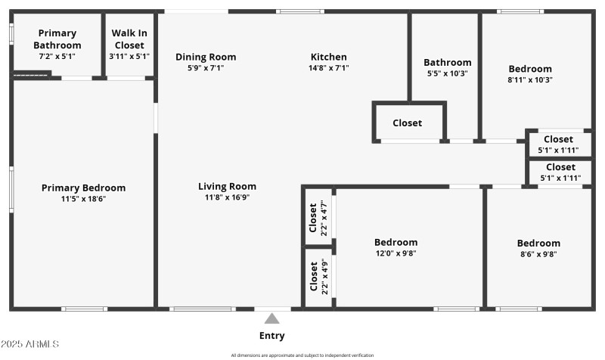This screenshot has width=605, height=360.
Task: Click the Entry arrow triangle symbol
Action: (x=271, y=318)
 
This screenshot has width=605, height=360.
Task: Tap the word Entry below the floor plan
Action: (x=271, y=336)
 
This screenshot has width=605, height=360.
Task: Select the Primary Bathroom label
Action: (x=57, y=39)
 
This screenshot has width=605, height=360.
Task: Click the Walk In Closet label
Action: (x=129, y=39)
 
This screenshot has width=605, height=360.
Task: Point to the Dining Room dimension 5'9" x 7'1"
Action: (x=206, y=68)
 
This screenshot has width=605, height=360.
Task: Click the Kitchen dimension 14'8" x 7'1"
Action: (x=329, y=68)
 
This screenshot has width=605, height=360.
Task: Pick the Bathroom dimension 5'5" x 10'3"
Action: (x=447, y=74)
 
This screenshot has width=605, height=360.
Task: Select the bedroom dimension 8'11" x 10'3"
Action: (x=530, y=80)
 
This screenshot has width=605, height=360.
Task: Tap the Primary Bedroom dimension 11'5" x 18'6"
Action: (x=83, y=200)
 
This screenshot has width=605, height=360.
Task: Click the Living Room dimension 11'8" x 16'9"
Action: (x=227, y=197)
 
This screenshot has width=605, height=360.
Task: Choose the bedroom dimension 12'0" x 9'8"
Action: (x=396, y=254)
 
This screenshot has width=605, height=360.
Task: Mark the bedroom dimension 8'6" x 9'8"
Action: (x=538, y=255)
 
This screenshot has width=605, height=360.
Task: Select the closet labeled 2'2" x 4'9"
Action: (x=318, y=278)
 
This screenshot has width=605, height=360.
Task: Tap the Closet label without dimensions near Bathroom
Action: (x=407, y=123)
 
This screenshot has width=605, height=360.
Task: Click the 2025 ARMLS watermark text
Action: (x=30, y=344)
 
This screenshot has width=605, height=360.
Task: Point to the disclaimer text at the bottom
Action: (x=302, y=355)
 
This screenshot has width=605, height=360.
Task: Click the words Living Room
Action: (x=227, y=186)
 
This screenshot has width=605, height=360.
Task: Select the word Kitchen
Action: (x=329, y=57)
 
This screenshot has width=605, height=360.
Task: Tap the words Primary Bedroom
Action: (x=83, y=188)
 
